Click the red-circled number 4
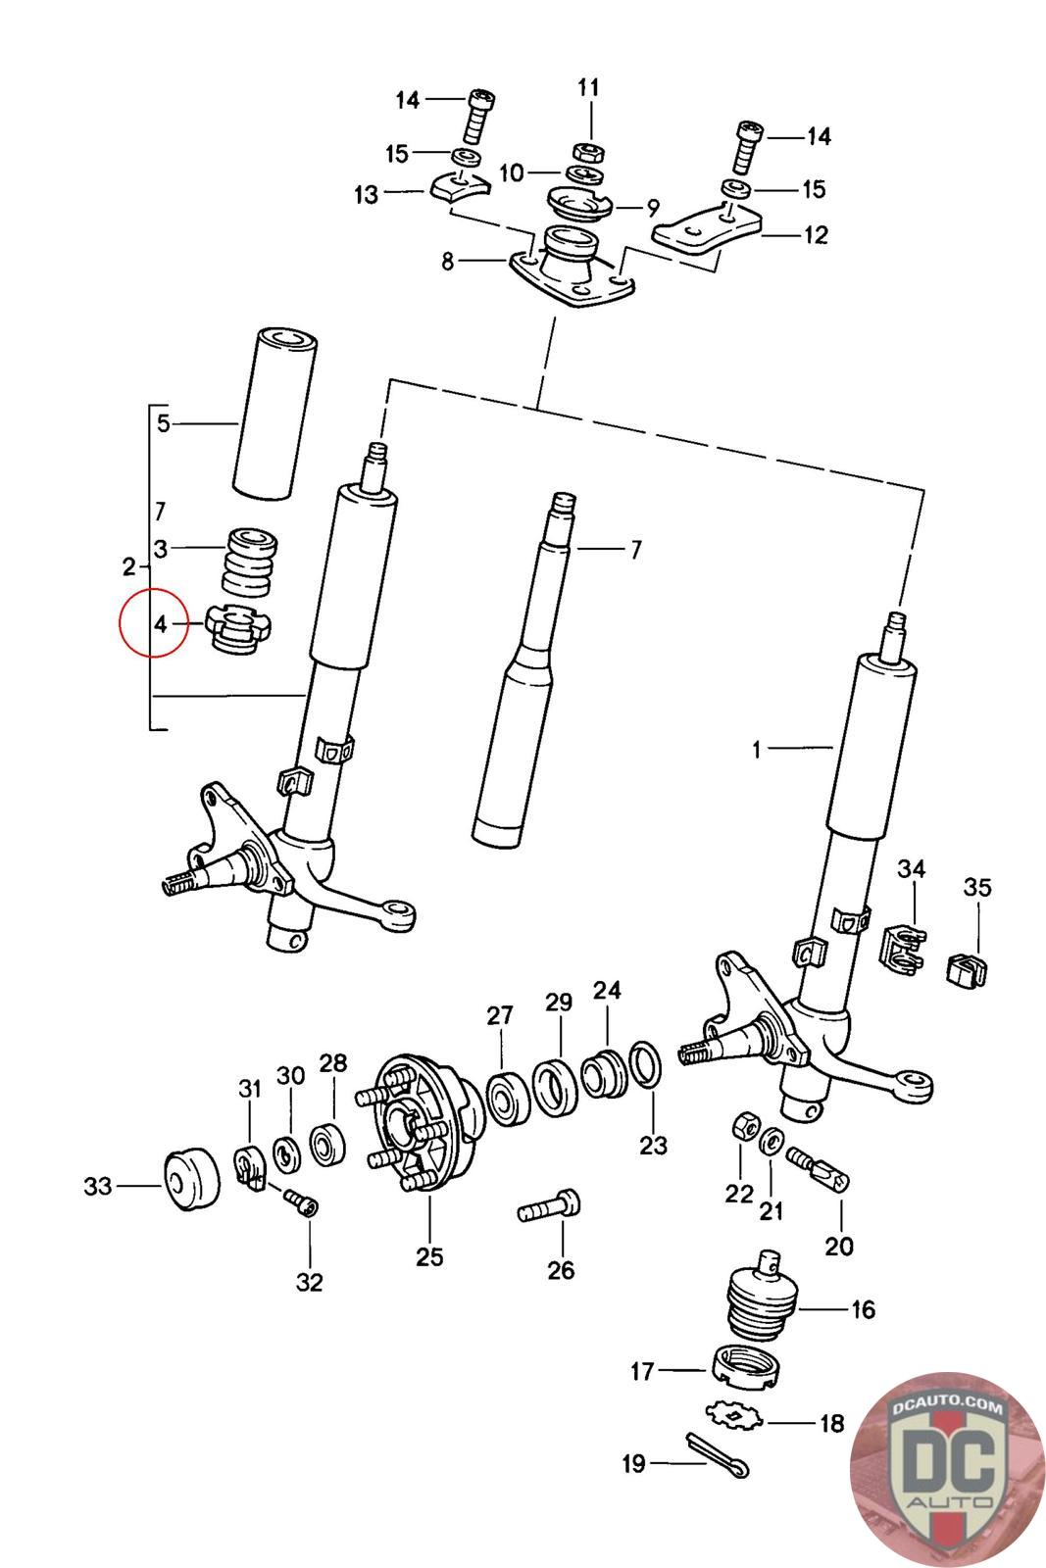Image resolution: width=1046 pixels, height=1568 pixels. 161,622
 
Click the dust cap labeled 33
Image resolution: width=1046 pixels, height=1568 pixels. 189,1178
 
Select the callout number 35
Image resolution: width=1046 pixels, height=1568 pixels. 976,888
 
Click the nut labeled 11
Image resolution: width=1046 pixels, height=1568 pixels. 587,152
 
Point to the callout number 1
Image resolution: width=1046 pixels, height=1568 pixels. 757,750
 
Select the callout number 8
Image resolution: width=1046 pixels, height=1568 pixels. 447,262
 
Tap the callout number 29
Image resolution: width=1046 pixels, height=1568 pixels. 559,1003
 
